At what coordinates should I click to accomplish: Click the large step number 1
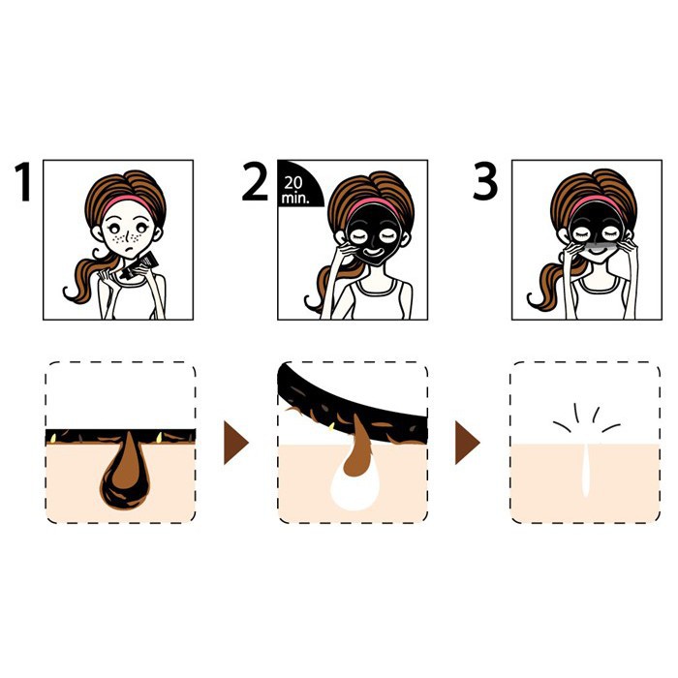click(23, 182)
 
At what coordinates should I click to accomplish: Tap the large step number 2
click(255, 182)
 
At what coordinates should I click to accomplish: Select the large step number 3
click(485, 182)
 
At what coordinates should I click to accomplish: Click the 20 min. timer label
click(295, 190)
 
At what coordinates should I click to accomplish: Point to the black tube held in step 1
click(139, 265)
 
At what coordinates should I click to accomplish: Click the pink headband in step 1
click(129, 203)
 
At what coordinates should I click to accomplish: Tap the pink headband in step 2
click(373, 204)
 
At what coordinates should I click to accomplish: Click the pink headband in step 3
click(596, 202)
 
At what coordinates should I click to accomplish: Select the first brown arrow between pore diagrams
click(235, 443)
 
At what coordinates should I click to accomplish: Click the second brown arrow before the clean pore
click(467, 443)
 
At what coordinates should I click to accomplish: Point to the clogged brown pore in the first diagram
click(125, 472)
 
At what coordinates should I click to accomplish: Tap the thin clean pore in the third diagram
click(585, 469)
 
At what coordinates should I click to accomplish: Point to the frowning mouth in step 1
click(129, 250)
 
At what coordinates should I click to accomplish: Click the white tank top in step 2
click(376, 298)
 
